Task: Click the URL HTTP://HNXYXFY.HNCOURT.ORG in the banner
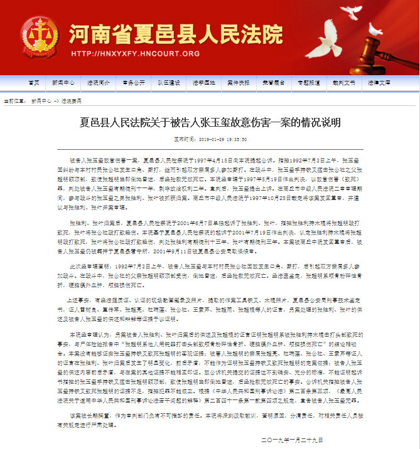point(136,54)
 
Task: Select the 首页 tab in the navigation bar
point(33,83)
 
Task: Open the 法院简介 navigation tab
point(99,83)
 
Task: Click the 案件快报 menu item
point(238,83)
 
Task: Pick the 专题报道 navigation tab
point(308,83)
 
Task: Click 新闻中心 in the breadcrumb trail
point(41,100)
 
